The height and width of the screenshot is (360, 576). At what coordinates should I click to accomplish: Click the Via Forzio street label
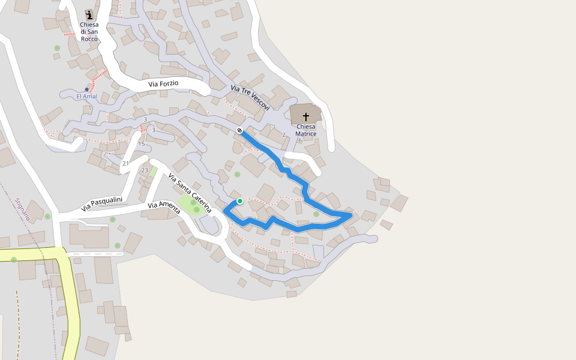[x=163, y=84]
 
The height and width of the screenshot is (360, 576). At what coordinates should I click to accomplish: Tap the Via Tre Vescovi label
[x=250, y=97]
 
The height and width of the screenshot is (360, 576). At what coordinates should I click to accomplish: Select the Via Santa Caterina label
[x=190, y=193]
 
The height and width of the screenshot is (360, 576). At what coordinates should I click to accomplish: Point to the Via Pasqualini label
[x=102, y=204]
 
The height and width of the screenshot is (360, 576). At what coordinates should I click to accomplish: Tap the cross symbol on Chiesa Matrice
[x=306, y=116]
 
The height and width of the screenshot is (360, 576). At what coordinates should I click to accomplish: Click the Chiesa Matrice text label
[x=305, y=130]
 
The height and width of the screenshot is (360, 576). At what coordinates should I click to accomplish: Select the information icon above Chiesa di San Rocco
[x=89, y=14]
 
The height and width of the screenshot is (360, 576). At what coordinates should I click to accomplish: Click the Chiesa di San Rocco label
[x=89, y=32]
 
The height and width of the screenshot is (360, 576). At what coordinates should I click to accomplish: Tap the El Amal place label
[x=86, y=97]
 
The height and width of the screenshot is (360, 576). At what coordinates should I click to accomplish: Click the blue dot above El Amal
[x=86, y=89]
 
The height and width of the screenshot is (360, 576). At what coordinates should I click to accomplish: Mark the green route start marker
[x=239, y=201]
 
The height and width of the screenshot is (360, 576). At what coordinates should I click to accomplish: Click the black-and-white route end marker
[x=239, y=130]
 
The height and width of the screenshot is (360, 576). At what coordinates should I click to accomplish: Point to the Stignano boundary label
[x=23, y=209]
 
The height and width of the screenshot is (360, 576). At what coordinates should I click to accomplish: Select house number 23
[x=144, y=170]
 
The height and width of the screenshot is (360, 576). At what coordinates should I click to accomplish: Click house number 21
[x=125, y=163]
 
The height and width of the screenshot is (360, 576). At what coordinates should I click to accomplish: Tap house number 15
[x=142, y=144]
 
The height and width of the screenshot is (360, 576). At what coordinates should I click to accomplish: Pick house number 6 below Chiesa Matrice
[x=300, y=140]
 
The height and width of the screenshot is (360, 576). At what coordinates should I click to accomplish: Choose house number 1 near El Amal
[x=89, y=108]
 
